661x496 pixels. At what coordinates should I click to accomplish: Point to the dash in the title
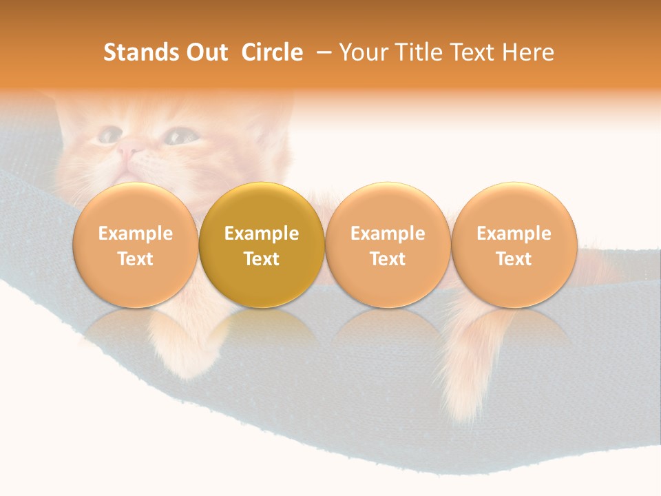pyautogui.click(x=322, y=53)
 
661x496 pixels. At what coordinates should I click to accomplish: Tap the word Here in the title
pyautogui.click(x=528, y=53)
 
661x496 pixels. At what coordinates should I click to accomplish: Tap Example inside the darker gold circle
pyautogui.click(x=262, y=234)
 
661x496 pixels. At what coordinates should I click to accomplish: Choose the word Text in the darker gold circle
pyautogui.click(x=262, y=259)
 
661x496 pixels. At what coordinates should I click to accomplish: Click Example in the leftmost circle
pyautogui.click(x=136, y=234)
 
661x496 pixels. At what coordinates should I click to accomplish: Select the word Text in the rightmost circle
pyautogui.click(x=514, y=259)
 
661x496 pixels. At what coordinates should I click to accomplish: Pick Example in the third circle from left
pyautogui.click(x=388, y=234)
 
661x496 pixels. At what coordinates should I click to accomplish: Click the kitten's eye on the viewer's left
pyautogui.click(x=108, y=135)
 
